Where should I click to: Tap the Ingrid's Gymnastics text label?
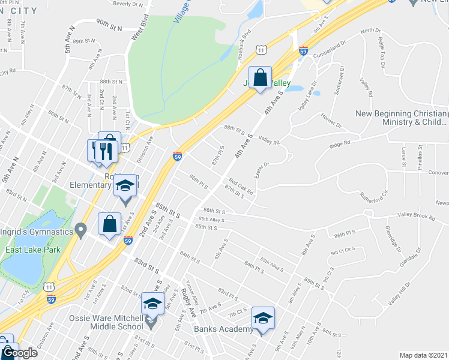39,229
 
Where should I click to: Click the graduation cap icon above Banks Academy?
263,317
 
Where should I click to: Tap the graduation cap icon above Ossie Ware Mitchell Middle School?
153,304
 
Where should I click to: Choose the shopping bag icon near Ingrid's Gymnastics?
110,224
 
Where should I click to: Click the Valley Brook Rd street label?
415,217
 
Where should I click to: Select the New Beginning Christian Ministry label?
401,118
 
